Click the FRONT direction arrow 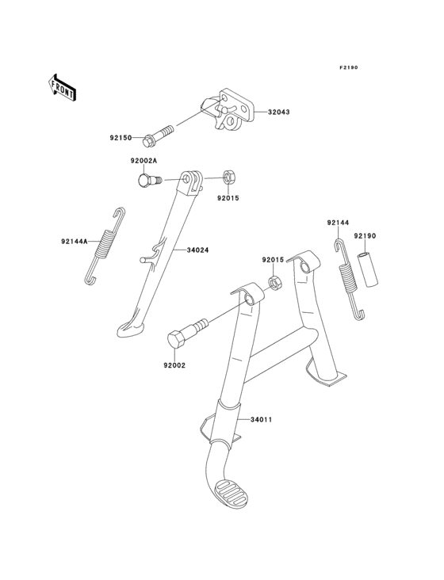pos(63,88)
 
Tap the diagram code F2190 pos(349,67)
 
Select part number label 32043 pos(279,112)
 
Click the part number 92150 pos(121,138)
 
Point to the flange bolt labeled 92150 pos(158,135)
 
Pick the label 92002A pos(144,161)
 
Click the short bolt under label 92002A pos(150,181)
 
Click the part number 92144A pos(75,242)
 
